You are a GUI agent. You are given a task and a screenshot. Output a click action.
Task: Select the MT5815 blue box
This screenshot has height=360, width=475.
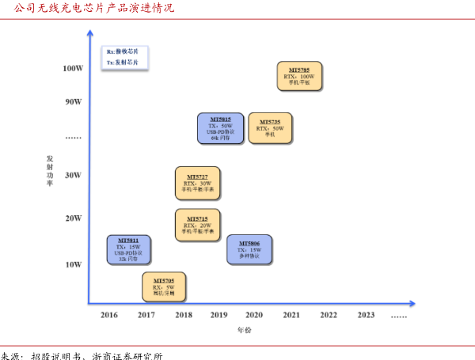tap(220, 128)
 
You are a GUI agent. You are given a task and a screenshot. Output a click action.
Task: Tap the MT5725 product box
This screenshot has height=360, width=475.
tap(270, 128)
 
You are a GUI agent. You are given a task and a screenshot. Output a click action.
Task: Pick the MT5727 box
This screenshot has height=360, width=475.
tap(197, 183)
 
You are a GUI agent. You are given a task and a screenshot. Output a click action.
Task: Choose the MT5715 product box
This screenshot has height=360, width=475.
tap(197, 225)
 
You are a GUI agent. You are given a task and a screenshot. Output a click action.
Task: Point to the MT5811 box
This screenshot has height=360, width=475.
tap(128, 249)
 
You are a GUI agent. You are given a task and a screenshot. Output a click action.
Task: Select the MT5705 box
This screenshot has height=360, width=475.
tap(164, 286)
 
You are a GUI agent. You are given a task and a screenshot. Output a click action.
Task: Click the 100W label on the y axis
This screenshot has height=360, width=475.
tap(73, 68)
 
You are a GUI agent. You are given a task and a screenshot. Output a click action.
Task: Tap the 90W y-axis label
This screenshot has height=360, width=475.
tap(74, 101)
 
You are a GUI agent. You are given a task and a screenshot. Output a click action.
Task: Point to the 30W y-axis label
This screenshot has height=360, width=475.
tap(74, 175)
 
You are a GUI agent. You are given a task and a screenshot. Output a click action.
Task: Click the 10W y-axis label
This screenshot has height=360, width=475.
tap(74, 264)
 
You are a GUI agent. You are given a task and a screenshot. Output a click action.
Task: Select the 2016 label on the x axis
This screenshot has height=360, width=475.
tap(109, 315)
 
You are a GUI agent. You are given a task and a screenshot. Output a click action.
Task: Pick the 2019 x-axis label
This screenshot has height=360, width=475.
tap(218, 315)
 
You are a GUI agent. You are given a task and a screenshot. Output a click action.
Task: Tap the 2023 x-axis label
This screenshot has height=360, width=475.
tap(366, 315)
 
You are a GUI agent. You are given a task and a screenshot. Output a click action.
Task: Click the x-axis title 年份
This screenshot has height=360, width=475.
tap(245, 330)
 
